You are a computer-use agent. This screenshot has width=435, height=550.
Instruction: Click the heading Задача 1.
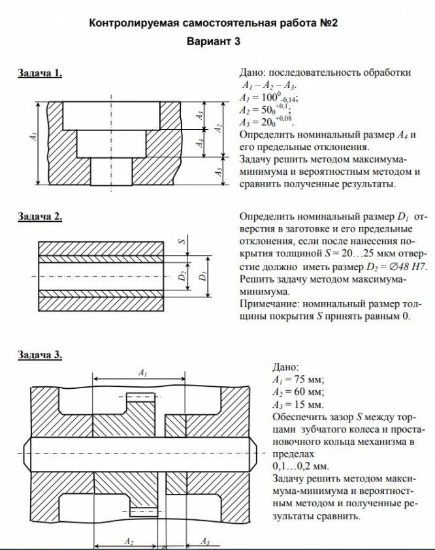pyautogui.click(x=40, y=73)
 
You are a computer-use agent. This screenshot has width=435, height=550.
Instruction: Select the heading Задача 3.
pyautogui.click(x=40, y=355)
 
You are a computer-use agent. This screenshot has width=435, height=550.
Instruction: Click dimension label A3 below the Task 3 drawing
pyautogui.click(x=204, y=542)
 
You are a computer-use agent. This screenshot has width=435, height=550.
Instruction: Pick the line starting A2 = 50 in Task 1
pyautogui.click(x=264, y=110)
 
